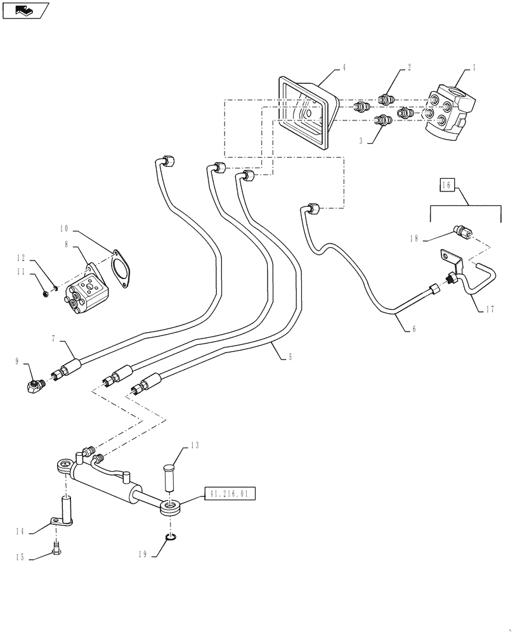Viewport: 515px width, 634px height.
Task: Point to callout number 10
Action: pyautogui.click(x=64, y=228)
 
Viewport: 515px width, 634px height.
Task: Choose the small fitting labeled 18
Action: pyautogui.click(x=463, y=233)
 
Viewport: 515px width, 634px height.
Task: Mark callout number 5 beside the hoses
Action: pyautogui.click(x=291, y=357)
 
